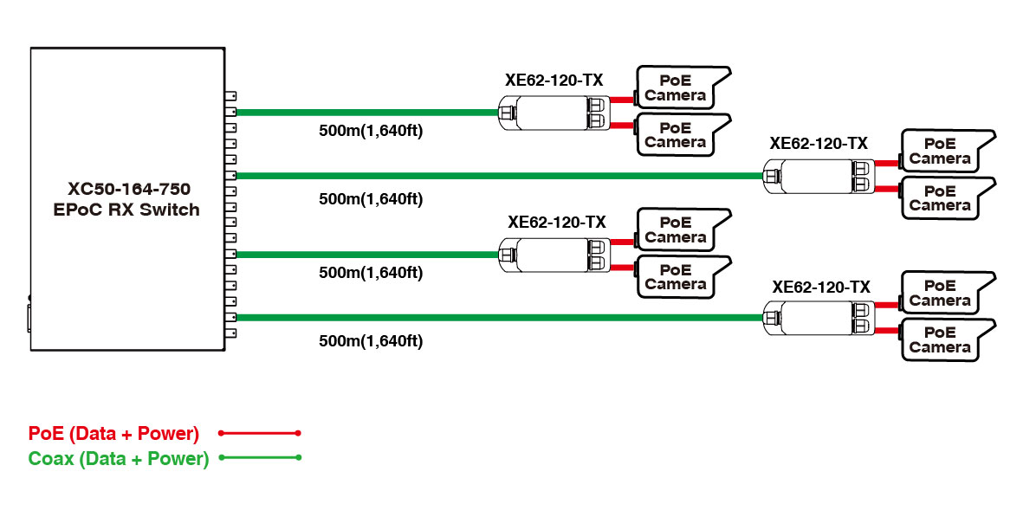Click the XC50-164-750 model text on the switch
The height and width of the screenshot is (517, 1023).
pyautogui.click(x=129, y=188)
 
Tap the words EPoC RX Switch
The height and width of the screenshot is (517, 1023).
pyautogui.click(x=129, y=209)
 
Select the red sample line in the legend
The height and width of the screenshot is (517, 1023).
pyautogui.click(x=260, y=432)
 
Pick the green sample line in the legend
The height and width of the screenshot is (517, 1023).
pyautogui.click(x=260, y=457)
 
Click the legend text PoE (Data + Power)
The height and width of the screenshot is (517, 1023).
pyautogui.click(x=113, y=433)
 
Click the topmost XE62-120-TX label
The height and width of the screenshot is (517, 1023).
pyautogui.click(x=554, y=81)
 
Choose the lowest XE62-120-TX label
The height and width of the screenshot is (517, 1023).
pyautogui.click(x=821, y=287)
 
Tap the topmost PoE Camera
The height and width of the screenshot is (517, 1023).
pyautogui.click(x=680, y=87)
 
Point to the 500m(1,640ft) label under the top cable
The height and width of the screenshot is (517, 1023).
pyautogui.click(x=371, y=132)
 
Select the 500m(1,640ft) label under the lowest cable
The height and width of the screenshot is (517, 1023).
pyautogui.click(x=371, y=340)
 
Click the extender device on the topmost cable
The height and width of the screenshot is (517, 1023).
pyautogui.click(x=555, y=112)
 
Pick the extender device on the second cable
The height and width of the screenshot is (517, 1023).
pyautogui.click(x=819, y=175)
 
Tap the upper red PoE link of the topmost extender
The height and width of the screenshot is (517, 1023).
pyautogui.click(x=623, y=100)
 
